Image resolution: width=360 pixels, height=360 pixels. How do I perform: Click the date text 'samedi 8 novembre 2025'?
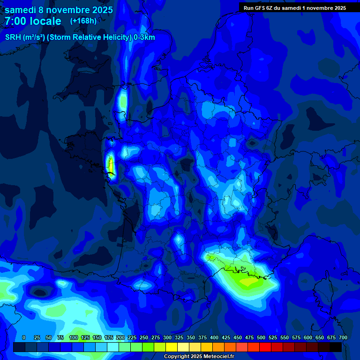point(59,9)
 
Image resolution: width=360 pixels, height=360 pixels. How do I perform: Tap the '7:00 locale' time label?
point(33,21)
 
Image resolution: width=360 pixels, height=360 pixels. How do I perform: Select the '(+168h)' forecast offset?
point(83,21)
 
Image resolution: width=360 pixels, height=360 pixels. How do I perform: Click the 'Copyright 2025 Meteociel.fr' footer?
point(199,357)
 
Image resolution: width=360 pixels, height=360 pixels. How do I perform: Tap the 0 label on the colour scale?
point(24,338)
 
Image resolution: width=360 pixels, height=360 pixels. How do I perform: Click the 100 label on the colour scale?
point(74,338)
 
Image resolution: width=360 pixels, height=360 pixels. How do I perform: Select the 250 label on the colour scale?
point(144,338)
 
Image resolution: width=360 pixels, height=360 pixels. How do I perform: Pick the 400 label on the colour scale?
point(214,338)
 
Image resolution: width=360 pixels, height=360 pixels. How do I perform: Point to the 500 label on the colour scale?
point(261,338)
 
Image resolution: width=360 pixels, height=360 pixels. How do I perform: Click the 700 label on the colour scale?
point(343,338)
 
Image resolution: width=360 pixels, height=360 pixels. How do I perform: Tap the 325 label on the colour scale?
point(179,338)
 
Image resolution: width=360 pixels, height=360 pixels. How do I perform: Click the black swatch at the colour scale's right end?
point(336,347)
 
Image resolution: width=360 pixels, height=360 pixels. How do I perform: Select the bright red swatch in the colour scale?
point(265,347)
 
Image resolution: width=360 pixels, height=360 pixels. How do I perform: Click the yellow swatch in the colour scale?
point(172,347)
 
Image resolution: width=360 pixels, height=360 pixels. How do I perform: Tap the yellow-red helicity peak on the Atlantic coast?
point(111,165)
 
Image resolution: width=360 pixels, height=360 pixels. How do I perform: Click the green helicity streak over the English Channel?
point(123,101)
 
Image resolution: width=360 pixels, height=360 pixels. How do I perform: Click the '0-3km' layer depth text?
point(144,37)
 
